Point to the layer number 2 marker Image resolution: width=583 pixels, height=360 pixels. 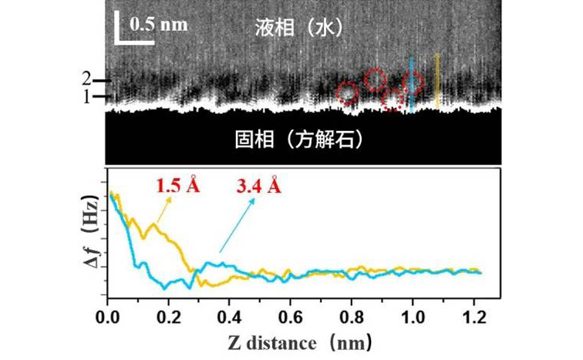(x=87, y=79)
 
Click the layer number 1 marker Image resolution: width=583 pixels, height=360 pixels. (x=87, y=96)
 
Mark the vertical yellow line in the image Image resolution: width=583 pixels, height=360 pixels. (x=437, y=81)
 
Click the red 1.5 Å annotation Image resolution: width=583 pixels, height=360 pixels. (x=178, y=186)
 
